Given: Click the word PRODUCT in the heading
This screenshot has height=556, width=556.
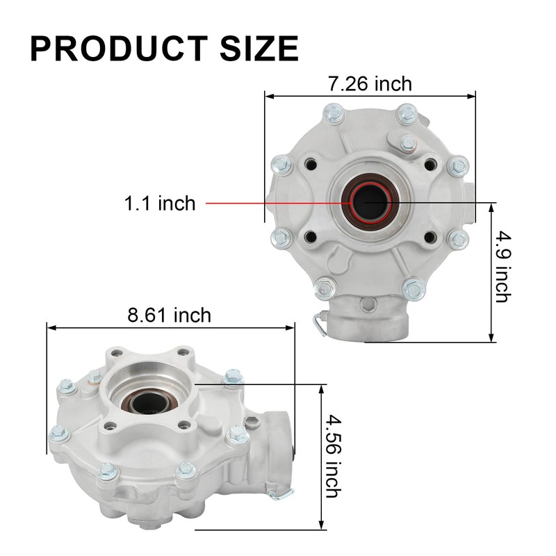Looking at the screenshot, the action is click(x=119, y=49).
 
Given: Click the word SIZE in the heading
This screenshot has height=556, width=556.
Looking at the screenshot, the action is click(x=259, y=49).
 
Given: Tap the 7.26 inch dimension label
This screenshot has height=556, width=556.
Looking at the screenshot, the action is click(x=370, y=84).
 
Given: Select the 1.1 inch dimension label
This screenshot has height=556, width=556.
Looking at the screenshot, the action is click(x=160, y=203).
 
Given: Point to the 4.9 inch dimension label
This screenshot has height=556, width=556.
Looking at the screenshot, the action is click(x=503, y=267).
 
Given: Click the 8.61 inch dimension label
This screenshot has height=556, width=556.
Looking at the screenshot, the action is click(x=169, y=315).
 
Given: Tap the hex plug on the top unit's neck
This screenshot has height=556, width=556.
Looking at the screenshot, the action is click(x=367, y=304).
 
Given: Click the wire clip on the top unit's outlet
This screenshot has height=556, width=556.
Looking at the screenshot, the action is click(x=318, y=322).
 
